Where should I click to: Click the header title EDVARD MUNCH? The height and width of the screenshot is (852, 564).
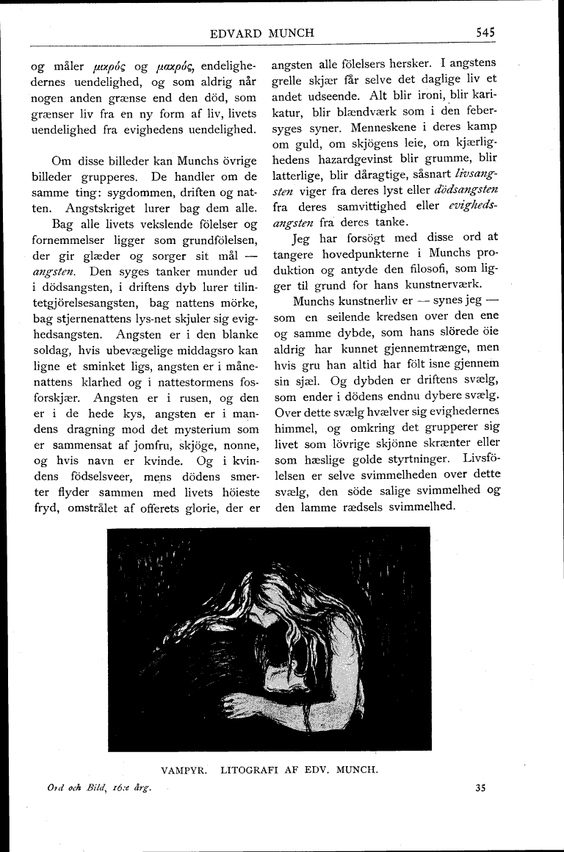tap(272, 32)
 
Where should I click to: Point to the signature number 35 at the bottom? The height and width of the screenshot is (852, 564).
tap(481, 790)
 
